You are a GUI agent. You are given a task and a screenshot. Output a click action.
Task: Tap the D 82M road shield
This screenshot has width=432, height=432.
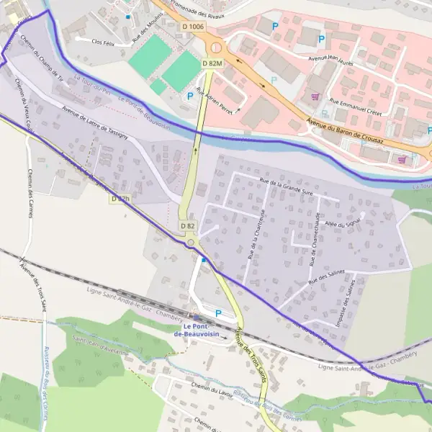pos(212,63)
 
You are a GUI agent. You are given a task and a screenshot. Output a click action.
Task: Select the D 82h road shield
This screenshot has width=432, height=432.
pos(120,198)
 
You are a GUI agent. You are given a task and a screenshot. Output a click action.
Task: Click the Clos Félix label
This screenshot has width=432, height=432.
pos(104,42)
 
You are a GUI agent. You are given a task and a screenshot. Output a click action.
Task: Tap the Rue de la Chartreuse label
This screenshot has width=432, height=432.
pos(258,233)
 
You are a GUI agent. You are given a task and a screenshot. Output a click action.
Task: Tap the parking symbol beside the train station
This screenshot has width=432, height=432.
pos(218,313)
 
